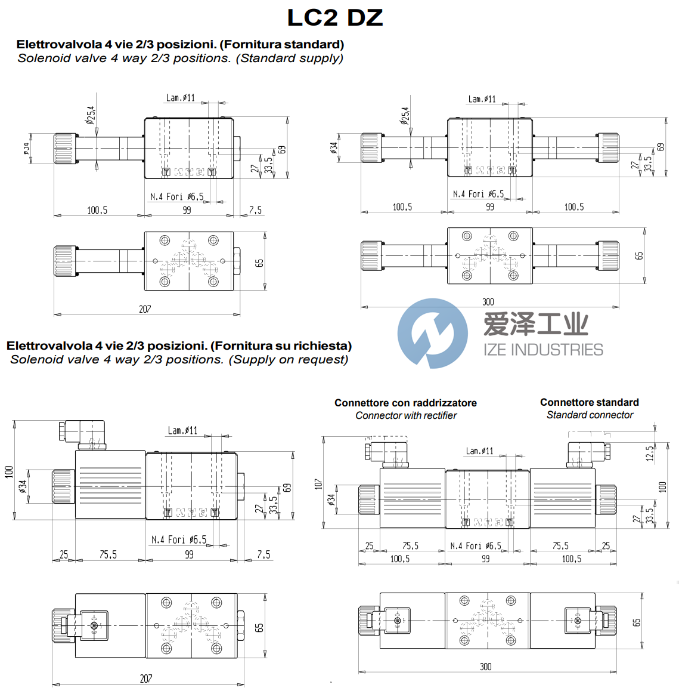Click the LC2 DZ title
335,18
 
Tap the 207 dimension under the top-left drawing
145,309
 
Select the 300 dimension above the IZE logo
488,302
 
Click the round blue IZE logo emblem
432,333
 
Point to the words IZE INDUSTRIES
543,350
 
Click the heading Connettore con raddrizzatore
405,403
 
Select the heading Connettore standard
589,402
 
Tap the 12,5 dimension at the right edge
649,454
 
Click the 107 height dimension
318,483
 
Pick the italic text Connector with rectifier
406,415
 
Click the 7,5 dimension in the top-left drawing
255,210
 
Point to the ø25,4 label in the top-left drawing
91,115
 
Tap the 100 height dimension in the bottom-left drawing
8,471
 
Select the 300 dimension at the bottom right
486,667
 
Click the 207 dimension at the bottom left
146,679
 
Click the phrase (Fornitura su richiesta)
281,346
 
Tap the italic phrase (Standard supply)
290,58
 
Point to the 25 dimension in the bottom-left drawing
64,554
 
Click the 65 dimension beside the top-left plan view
259,263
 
